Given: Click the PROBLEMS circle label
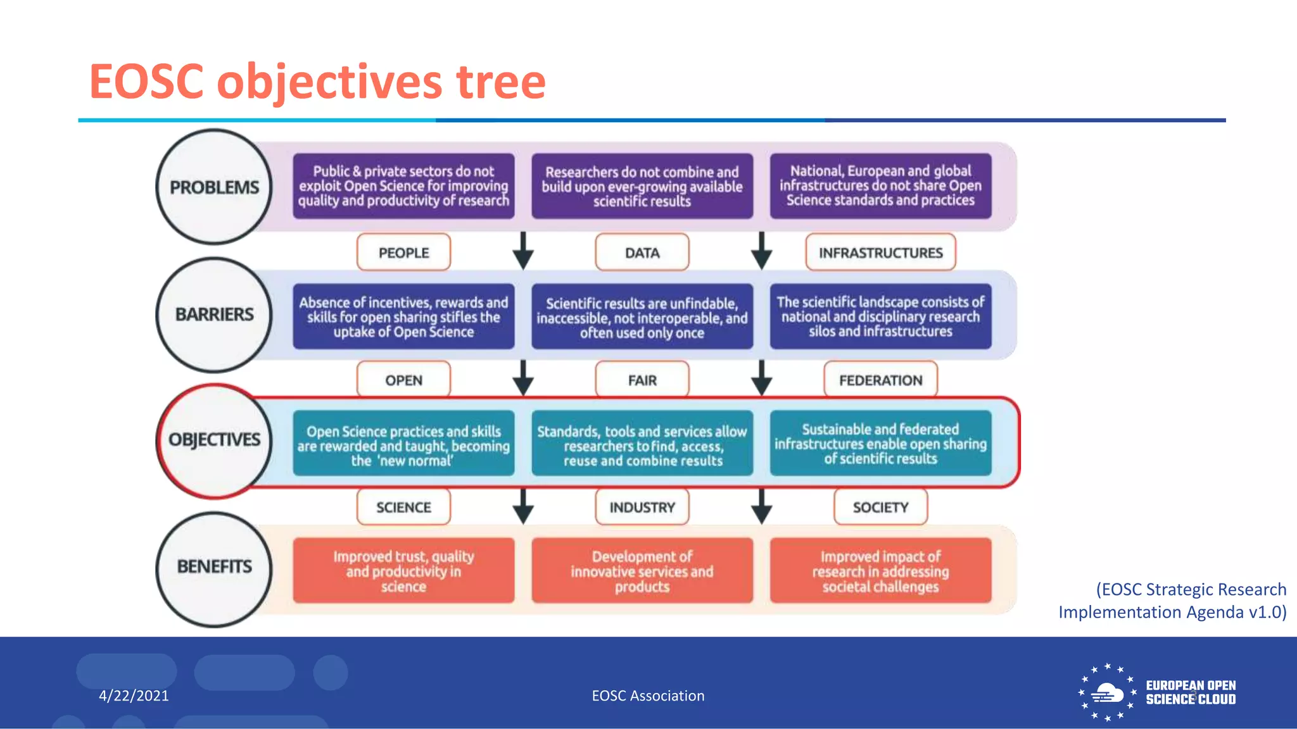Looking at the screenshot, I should coord(214,187).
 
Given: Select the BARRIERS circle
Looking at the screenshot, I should coord(214,315).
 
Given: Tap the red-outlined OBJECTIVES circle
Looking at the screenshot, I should coord(214,440).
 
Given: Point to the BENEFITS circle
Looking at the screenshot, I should coord(214,567).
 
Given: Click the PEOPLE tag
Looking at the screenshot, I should coord(403,252).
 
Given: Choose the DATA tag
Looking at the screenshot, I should coord(642,252).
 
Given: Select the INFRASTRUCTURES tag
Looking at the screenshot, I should coord(880,252).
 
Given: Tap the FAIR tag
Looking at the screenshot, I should coord(642,380).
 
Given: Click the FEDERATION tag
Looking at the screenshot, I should coord(880,380).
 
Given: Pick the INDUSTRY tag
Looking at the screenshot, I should coord(642,508).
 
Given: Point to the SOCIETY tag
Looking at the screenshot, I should coord(880,508).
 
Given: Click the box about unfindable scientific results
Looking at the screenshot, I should coord(642,317).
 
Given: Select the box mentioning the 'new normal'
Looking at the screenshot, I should coord(403,445).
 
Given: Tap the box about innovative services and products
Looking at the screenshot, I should coord(642,571).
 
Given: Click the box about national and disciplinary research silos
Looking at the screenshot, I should coord(880,316).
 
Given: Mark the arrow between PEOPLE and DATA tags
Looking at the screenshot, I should coord(523,252).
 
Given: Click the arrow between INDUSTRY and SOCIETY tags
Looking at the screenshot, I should coord(761,506).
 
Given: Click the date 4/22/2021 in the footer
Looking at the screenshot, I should coord(134,695).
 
